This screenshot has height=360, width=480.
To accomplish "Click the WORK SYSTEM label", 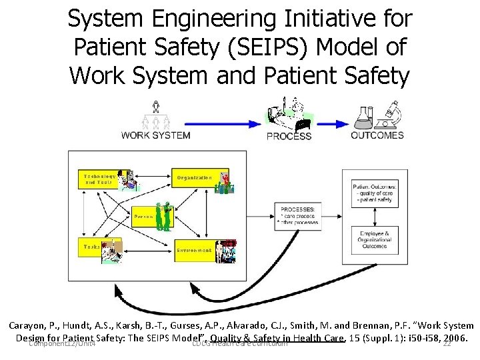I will click(155, 135).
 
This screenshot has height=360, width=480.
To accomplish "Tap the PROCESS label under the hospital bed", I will click(289, 136).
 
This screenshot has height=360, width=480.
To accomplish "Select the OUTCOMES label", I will click(377, 135).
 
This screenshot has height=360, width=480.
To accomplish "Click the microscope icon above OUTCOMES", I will click(391, 113).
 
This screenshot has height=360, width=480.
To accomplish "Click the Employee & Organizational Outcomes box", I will click(375, 238).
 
